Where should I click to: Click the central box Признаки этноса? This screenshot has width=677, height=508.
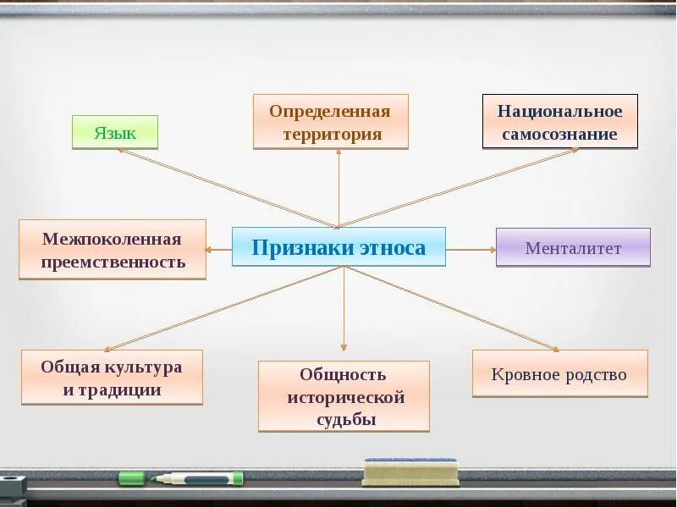(338, 247)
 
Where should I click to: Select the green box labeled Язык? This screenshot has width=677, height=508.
(115, 133)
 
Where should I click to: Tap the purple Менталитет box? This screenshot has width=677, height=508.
(573, 248)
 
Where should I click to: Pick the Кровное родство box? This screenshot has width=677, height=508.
(559, 374)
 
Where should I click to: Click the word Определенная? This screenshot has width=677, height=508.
(330, 112)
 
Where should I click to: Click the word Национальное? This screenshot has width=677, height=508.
(559, 112)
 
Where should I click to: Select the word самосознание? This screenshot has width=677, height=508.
(559, 134)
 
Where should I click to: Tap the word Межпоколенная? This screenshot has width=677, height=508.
(113, 239)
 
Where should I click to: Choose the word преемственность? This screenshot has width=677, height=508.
(113, 262)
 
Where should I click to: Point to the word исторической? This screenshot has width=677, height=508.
(345, 397)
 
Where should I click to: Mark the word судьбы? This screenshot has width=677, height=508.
(344, 420)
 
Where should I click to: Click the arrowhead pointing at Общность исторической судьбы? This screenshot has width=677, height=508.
(344, 346)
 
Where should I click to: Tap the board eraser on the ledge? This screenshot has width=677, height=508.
(410, 471)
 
